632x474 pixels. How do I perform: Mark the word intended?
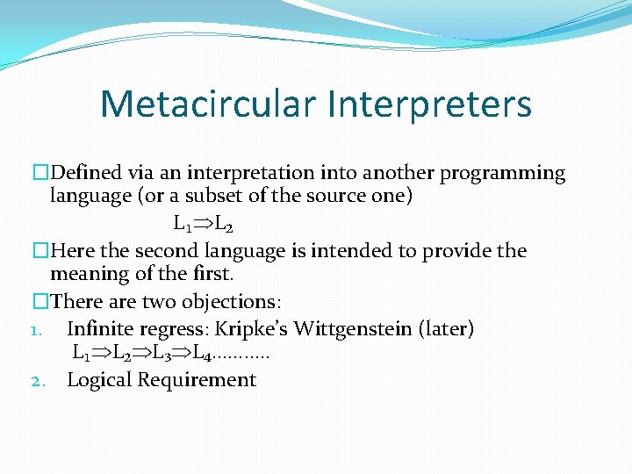pos(349,251)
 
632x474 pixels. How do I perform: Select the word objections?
pos(238,302)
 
